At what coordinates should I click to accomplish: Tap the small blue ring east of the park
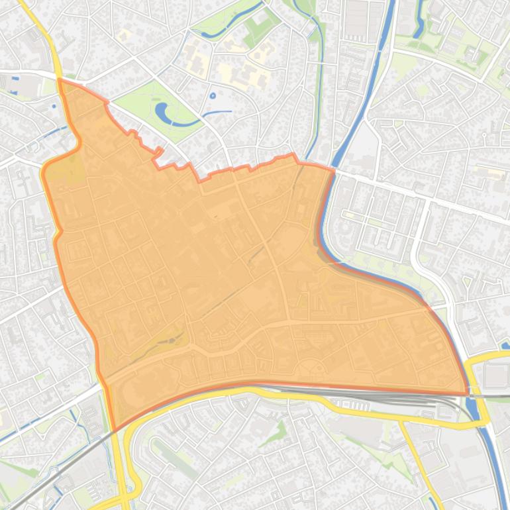[x=213, y=96]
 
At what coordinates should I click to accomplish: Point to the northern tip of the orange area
[x=60, y=79]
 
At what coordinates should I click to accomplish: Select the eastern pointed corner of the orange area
[x=469, y=393]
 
